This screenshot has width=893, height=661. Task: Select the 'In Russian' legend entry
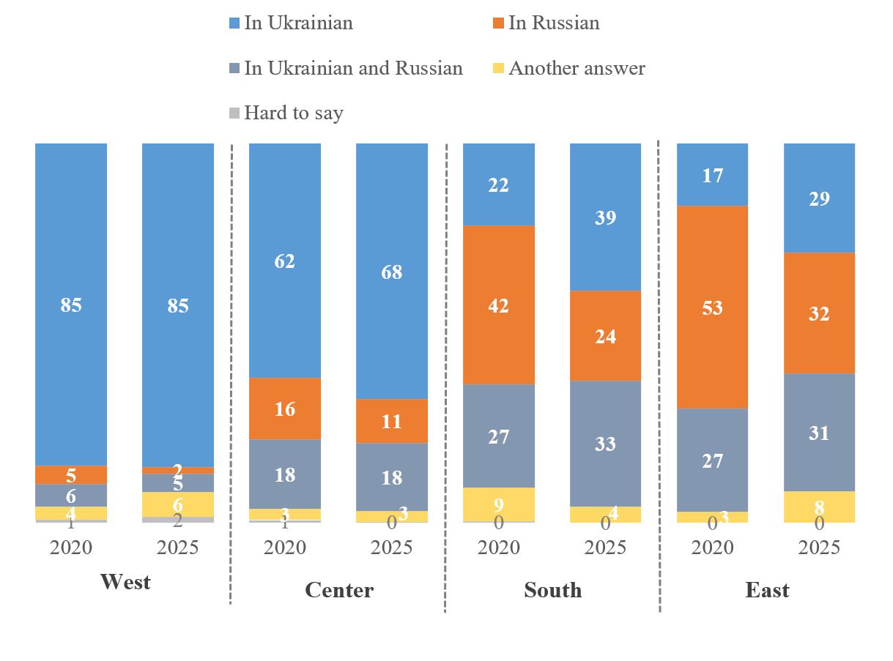click(x=546, y=23)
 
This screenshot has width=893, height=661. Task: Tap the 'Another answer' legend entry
click(x=568, y=68)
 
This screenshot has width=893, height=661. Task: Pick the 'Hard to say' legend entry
click(x=286, y=113)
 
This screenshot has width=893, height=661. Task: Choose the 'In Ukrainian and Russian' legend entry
click(x=345, y=68)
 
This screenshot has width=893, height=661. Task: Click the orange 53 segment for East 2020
click(x=712, y=307)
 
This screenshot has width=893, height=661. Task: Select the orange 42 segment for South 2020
click(x=499, y=305)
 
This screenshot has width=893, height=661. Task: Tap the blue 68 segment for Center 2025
click(x=392, y=272)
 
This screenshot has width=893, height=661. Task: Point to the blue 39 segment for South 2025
click(x=606, y=217)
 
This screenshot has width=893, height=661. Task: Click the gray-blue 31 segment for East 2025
click(x=819, y=433)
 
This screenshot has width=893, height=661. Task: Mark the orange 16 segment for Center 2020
click(x=285, y=408)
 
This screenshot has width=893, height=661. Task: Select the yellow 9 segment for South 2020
click(x=499, y=504)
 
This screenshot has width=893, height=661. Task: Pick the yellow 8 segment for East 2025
click(x=819, y=507)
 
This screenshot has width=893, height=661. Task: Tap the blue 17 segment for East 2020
click(x=712, y=175)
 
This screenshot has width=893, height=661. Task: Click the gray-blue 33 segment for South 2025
click(x=606, y=444)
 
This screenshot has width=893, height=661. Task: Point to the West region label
click(x=125, y=582)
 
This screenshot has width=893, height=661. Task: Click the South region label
click(x=553, y=590)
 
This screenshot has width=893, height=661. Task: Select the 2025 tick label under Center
click(x=392, y=548)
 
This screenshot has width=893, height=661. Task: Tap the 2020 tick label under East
click(x=712, y=548)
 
